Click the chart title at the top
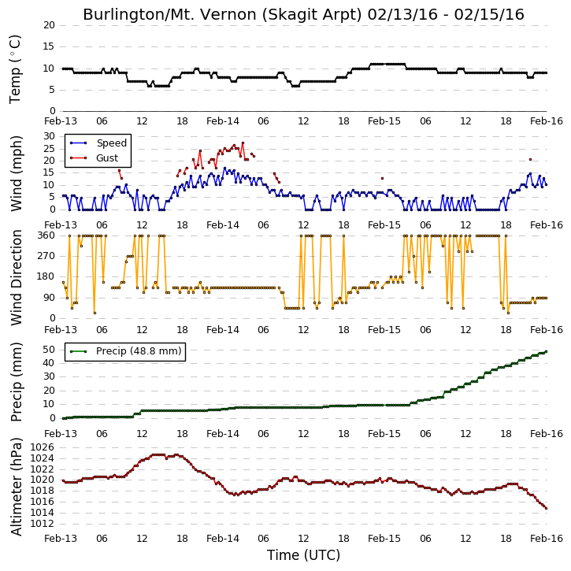tap(303, 14)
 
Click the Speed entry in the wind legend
tap(111, 143)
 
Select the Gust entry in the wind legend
tap(107, 158)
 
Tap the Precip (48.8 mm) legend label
tap(139, 351)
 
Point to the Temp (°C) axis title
tap(15, 69)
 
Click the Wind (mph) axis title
tap(17, 173)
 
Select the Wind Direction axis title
tap(17, 277)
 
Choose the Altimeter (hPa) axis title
tap(17, 487)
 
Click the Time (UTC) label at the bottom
tap(303, 555)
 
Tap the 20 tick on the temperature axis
tap(49, 25)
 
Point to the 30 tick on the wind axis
tap(49, 136)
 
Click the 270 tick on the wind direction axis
tap(46, 256)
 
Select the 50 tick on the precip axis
tap(49, 350)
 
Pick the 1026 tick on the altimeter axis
tap(43, 447)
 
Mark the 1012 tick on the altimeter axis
tap(43, 524)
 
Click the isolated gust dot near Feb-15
tap(382, 179)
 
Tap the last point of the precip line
tap(546, 351)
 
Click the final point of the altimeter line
tap(546, 508)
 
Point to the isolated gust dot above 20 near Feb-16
tap(530, 160)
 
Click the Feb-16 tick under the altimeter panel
tap(546, 538)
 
